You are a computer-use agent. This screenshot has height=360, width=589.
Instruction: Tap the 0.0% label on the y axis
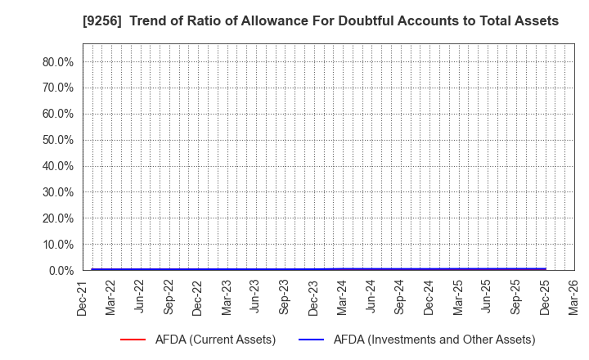[x=62, y=270]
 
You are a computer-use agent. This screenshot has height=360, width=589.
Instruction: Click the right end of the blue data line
[x=545, y=268]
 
